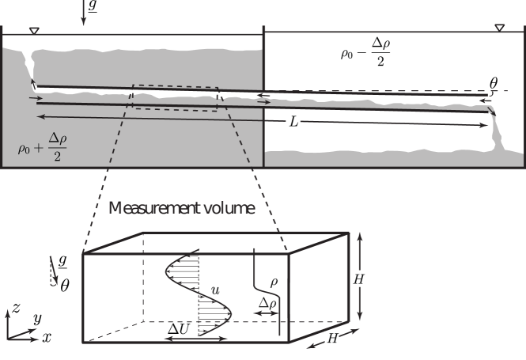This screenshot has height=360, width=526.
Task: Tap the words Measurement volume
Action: pos(181,209)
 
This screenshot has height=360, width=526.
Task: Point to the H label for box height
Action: pos(360,278)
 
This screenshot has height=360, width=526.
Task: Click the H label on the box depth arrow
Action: pos(334,338)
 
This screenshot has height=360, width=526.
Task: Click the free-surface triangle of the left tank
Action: pos(32,31)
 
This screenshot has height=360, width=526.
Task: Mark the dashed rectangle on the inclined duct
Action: pos(175,97)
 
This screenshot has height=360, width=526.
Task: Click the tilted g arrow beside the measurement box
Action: pos(55,271)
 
